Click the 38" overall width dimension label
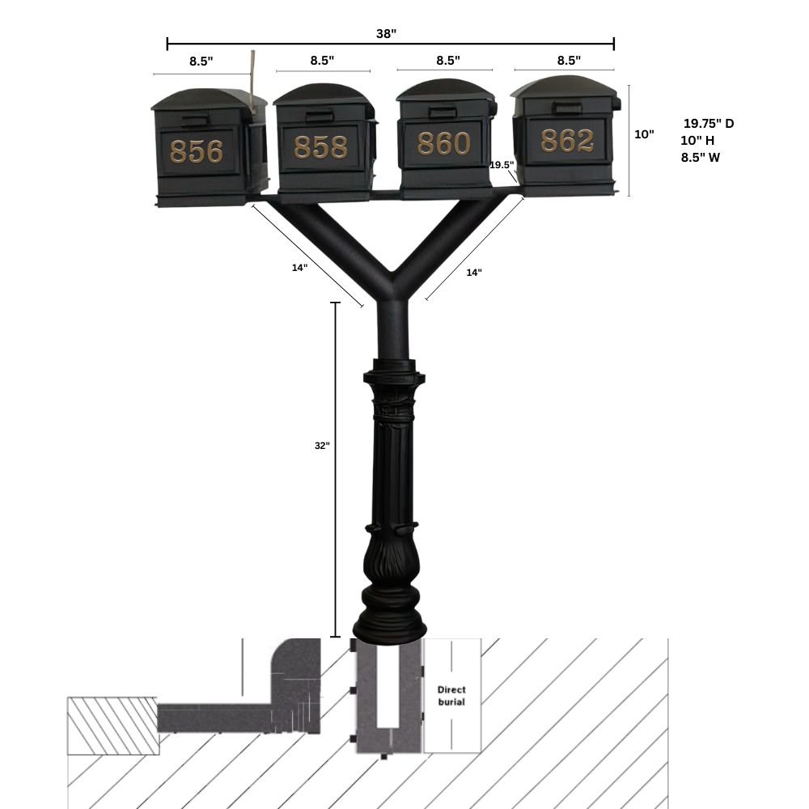[x=387, y=33]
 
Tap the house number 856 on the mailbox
[x=197, y=151]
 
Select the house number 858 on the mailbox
[x=320, y=146]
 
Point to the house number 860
[x=443, y=143]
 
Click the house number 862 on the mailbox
[x=567, y=141]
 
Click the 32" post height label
[x=322, y=445]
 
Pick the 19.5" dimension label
[x=502, y=165]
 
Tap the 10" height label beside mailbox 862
[x=644, y=134]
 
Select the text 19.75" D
[x=709, y=124]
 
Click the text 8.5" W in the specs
[x=701, y=158]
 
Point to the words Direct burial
[x=451, y=696]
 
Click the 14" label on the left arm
[x=299, y=268]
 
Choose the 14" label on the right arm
[x=474, y=273]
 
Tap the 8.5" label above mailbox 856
[x=201, y=61]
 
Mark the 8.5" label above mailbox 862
[x=569, y=60]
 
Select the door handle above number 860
[x=443, y=112]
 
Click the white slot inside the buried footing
[x=390, y=696]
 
